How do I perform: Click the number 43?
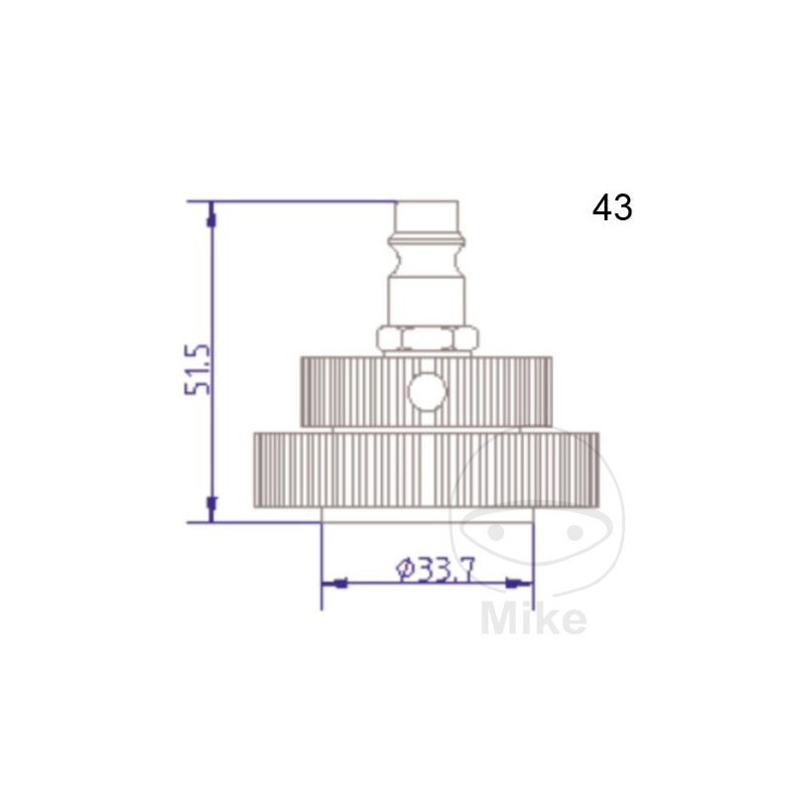pos(611,207)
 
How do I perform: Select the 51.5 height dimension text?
pos(198,369)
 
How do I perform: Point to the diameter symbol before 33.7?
pos(404,569)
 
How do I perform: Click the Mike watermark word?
pos(533,618)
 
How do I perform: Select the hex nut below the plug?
pos(430,339)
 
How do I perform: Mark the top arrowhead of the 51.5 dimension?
pos(210,214)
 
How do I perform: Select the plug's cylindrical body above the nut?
pos(429,298)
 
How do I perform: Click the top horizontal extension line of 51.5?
pos(298,201)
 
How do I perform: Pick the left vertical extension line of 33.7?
pos(322,566)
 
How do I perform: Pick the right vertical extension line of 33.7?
pos(533,566)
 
